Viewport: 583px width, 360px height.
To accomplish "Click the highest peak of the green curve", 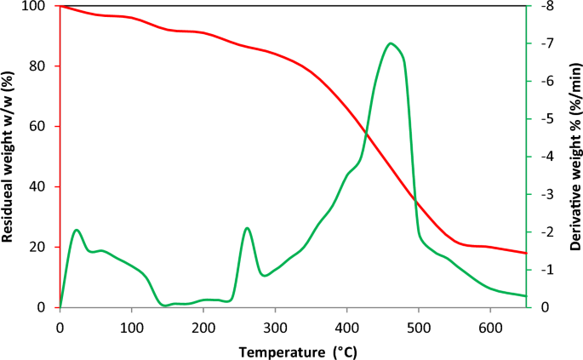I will pyautogui.click(x=391, y=43).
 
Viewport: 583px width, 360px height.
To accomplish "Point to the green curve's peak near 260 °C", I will pyautogui.click(x=247, y=228).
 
